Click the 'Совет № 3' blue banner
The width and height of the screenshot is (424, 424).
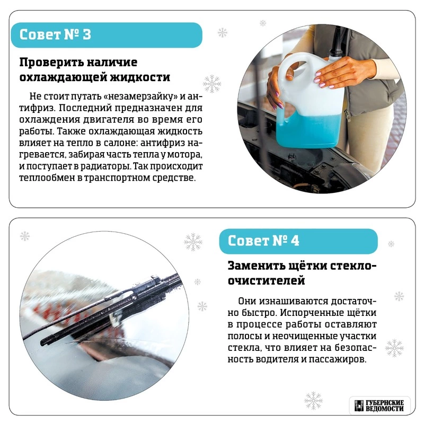click(x=107, y=35)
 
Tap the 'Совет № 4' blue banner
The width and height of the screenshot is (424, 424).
click(x=298, y=241)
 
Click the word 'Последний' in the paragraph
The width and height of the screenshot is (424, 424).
click(x=85, y=108)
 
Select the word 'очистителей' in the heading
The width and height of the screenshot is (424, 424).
click(x=267, y=280)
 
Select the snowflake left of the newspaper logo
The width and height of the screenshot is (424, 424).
click(x=313, y=400)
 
